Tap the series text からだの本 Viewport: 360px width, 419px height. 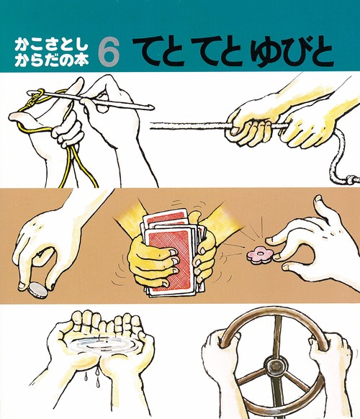click(51, 61)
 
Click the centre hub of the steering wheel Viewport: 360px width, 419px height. click(274, 366)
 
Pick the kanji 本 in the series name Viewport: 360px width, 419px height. click(81, 61)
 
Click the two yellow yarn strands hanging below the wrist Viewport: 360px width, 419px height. click(79, 166)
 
